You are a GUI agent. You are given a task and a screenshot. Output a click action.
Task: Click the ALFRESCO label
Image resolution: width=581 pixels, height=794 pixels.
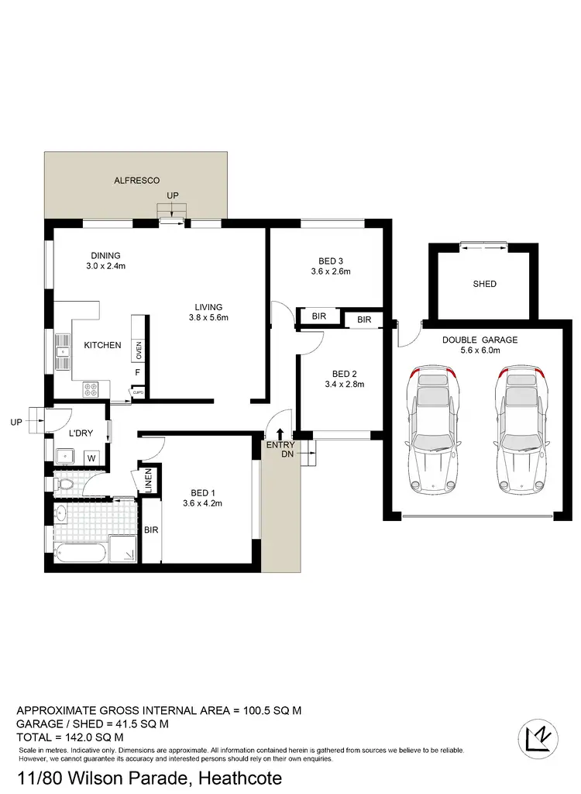click(x=137, y=180)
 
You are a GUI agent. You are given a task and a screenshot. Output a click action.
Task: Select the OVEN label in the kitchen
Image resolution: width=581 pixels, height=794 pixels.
click(x=139, y=350)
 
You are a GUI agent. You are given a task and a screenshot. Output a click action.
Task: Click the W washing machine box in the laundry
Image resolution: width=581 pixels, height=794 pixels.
click(x=91, y=458)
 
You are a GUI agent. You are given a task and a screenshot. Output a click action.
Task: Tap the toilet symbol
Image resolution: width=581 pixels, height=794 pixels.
click(x=65, y=485)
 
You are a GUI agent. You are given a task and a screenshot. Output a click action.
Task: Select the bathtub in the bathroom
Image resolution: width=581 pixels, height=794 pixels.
click(x=81, y=553)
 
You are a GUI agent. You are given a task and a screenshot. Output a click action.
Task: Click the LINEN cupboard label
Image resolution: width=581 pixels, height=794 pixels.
click(x=148, y=481)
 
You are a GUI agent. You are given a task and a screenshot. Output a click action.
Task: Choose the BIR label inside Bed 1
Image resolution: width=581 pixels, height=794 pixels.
click(x=150, y=530)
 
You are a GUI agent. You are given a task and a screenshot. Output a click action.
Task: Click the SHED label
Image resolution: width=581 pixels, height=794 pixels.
click(x=484, y=284)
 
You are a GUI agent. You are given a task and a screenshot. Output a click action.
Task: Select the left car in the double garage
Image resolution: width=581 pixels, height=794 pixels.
click(x=434, y=428)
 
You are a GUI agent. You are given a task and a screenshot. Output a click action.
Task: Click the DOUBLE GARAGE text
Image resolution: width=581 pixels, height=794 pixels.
click(x=480, y=340)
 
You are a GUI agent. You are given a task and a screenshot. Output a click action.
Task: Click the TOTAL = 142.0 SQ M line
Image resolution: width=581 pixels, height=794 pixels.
click(x=70, y=737)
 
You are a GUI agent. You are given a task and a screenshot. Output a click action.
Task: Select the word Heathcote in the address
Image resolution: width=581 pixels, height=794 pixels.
click(x=239, y=778)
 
